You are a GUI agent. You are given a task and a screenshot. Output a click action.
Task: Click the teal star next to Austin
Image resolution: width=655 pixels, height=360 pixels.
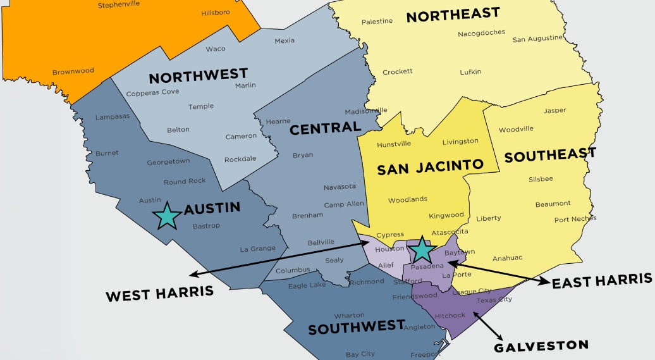coord(168,216)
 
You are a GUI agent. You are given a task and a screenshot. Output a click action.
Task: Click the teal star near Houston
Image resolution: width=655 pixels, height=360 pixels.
coord(422,251)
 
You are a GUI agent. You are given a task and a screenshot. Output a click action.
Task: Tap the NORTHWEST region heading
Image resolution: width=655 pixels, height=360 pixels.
coord(198,77)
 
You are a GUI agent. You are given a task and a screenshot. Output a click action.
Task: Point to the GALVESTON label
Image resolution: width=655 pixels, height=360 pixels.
coord(541,346)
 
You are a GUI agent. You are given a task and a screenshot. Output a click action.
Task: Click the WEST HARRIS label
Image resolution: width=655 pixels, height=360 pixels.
coord(159,294)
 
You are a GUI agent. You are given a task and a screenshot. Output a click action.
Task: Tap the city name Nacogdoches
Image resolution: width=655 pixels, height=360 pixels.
coord(481,34)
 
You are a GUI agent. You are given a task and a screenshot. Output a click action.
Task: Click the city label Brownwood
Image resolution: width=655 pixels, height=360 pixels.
coord(73,71)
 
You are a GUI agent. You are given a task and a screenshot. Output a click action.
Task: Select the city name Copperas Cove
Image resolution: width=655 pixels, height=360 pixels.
coord(152,93)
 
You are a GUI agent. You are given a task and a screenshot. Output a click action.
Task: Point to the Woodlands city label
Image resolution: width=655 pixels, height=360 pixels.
coord(407,199)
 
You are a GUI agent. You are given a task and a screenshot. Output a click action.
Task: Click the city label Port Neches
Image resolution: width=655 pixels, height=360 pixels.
coord(575,220)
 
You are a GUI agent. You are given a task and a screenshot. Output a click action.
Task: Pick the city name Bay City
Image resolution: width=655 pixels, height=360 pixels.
coord(360,354)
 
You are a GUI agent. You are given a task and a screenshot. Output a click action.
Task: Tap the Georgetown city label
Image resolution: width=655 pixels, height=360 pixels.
coord(168,162)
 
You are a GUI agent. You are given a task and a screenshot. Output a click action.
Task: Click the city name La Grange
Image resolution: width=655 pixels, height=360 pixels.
coord(257,249)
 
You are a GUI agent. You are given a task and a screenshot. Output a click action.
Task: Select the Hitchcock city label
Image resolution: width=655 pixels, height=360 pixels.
coord(450,315)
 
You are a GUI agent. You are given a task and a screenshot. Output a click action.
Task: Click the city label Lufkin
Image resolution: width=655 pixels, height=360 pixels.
coord(470,71)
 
